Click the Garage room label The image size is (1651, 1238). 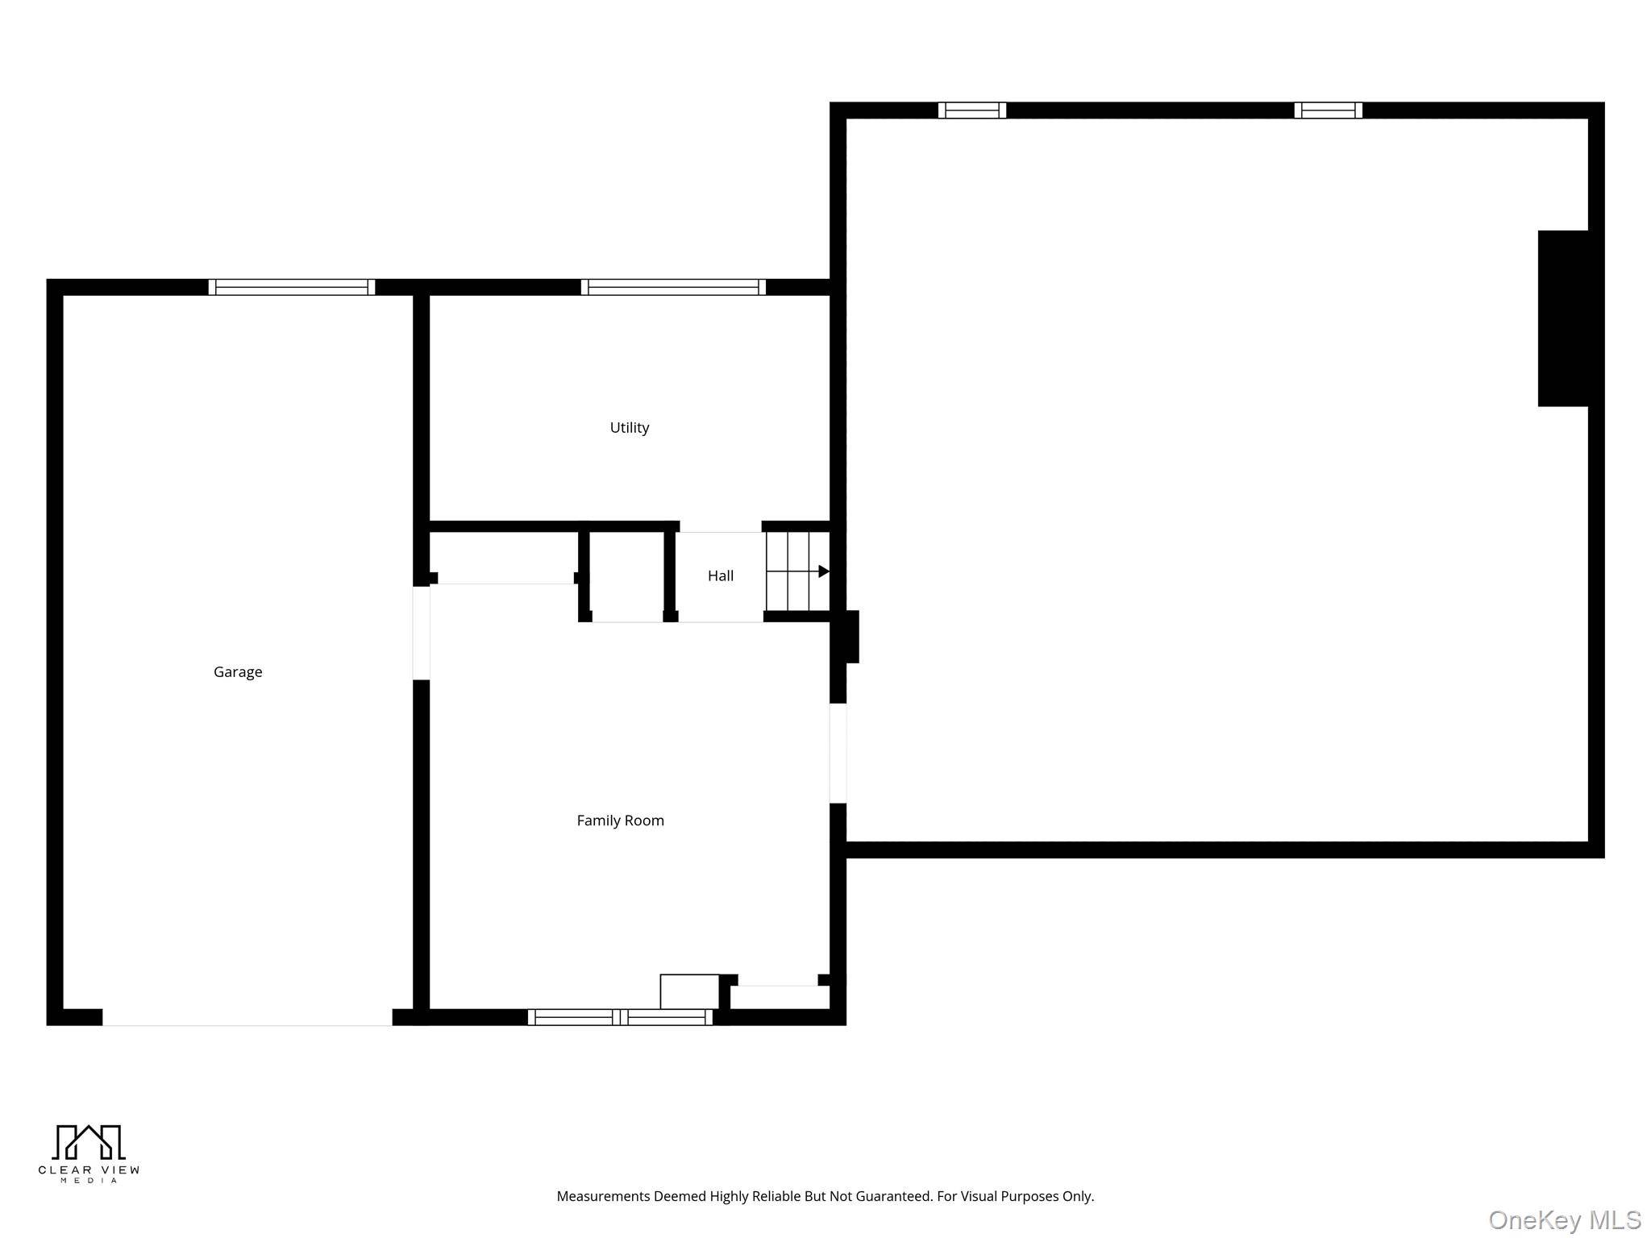(x=238, y=672)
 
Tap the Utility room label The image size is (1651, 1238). (x=630, y=428)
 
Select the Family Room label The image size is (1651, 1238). (x=620, y=820)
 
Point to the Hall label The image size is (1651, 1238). (x=721, y=575)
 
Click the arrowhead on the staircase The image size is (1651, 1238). (x=824, y=571)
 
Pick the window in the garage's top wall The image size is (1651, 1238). (x=292, y=287)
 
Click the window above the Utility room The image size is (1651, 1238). (x=673, y=287)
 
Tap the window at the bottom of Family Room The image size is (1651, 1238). (x=620, y=1017)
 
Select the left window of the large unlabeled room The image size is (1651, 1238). (x=972, y=110)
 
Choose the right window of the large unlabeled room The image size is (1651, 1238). (x=1329, y=110)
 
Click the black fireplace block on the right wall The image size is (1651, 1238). (x=1563, y=318)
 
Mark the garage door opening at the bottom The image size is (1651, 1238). (x=247, y=1017)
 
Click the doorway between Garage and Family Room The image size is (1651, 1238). (x=421, y=633)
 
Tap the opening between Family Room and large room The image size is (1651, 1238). (x=838, y=754)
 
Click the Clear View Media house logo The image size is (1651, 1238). (x=89, y=1143)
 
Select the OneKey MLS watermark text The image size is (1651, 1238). (x=1565, y=1220)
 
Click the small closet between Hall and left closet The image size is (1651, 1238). (x=627, y=575)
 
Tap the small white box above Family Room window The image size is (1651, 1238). (x=689, y=991)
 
